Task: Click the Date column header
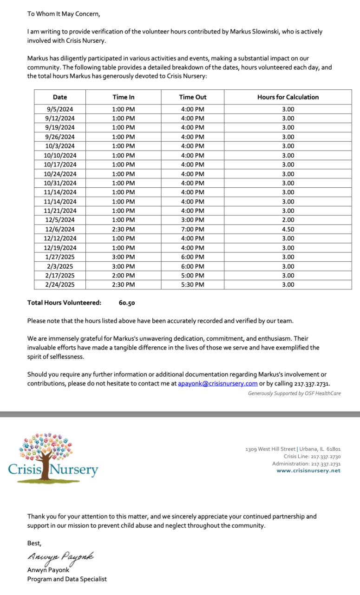pos(60,97)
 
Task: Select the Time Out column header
pos(192,97)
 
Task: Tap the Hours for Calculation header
pos(288,97)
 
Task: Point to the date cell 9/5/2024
pos(60,109)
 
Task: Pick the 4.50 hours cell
pos(288,229)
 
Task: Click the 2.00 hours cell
pos(288,220)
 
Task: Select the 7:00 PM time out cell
pos(192,229)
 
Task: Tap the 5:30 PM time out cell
pos(192,284)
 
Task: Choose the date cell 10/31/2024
pos(60,183)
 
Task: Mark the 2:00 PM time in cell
pos(124,275)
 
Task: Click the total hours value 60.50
pos(127,303)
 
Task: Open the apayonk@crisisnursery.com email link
pos(218,383)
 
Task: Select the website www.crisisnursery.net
pos(308,470)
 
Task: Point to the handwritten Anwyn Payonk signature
pos(60,556)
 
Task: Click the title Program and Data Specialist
pos(67,579)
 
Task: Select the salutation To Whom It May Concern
pos(64,14)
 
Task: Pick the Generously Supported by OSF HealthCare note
pos(294,393)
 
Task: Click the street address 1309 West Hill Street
pos(270,450)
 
